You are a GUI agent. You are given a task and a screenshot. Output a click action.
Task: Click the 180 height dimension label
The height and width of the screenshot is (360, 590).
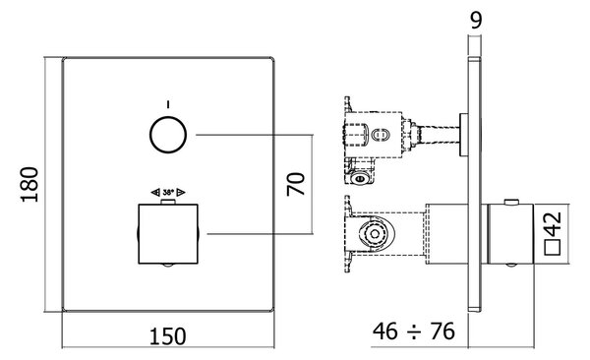pos(29,185)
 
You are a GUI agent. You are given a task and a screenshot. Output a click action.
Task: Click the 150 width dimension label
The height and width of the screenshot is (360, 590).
pos(168,336)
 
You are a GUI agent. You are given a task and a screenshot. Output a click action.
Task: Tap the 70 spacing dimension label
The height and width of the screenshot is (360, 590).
pos(296,184)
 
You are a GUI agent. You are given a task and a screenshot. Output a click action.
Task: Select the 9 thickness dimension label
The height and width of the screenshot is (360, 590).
pos(476,20)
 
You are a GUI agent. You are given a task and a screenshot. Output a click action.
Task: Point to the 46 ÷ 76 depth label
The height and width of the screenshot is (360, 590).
pos(414,331)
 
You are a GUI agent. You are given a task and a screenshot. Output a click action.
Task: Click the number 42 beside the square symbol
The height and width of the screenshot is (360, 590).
pos(553,224)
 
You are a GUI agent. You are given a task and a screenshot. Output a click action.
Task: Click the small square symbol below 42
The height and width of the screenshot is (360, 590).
pos(553,248)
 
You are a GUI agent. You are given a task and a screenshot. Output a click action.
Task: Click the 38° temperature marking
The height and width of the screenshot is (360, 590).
pos(168,193)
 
